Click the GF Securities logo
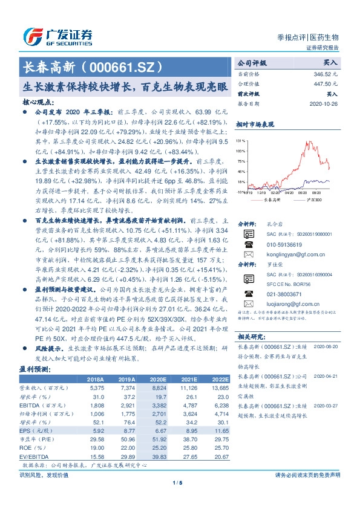tap(57, 36)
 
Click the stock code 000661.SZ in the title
tap(128, 65)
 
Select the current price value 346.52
tap(329, 73)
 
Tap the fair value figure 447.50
tap(329, 83)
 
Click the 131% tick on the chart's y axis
tap(241, 141)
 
